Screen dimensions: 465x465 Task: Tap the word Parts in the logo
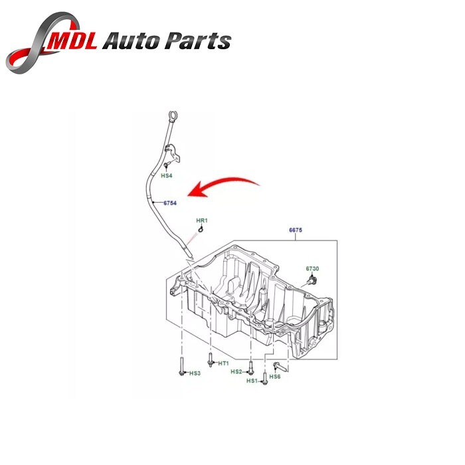coord(199,42)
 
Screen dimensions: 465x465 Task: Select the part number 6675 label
coord(296,230)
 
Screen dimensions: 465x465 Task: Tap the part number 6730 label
coord(312,268)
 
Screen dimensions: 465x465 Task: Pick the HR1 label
coord(201,220)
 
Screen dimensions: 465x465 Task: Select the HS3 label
coord(194,373)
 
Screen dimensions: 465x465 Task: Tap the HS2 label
coord(236,372)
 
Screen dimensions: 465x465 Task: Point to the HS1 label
coord(252,381)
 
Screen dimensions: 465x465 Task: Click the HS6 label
coord(275,377)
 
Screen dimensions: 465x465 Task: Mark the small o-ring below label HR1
coord(201,229)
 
